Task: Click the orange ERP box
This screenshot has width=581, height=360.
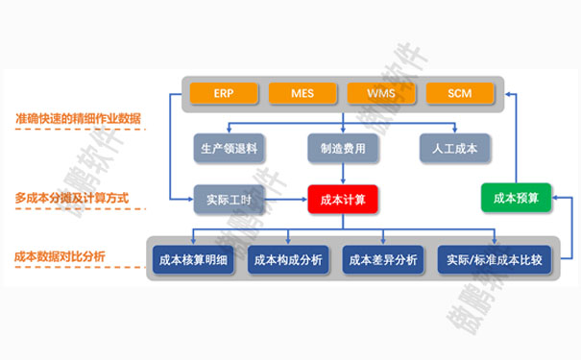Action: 224,93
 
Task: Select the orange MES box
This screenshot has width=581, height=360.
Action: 302,93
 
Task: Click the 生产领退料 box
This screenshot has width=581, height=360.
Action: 229,147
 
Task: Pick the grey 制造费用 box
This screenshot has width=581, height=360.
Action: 343,147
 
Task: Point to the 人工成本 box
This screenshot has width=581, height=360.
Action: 456,147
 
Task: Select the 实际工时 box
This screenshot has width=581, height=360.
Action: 229,200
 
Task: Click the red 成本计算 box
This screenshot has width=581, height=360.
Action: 343,200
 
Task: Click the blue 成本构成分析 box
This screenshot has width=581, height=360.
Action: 288,259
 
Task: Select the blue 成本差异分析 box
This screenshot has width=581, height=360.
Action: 383,259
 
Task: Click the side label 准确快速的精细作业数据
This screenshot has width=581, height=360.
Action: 79,118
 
